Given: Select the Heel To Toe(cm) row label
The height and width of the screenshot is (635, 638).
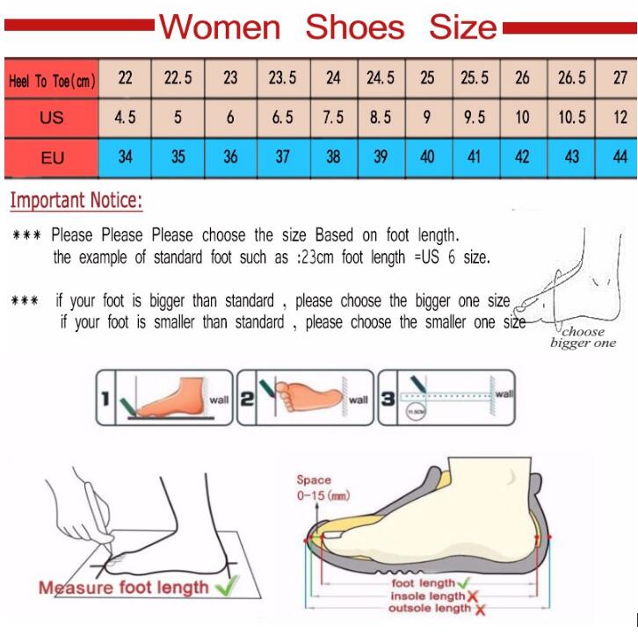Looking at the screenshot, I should pos(51,81).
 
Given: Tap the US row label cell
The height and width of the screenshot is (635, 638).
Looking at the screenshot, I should pos(51,118).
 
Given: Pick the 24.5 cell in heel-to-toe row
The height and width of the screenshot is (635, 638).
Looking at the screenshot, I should pos(380,79).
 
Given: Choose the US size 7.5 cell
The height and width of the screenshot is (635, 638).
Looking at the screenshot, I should pos(333,118).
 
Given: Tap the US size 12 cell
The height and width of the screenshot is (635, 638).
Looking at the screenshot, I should pos(620,118).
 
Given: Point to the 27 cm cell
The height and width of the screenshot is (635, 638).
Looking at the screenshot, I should pos(620,79).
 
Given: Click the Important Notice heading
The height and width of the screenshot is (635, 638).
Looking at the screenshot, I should pos(76,201).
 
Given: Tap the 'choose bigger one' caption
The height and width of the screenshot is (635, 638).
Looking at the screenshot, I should pos(583,337).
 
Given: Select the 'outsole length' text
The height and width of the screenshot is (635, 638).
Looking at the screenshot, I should pos(430,608).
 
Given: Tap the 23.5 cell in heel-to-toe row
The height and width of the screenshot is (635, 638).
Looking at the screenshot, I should pos(281,79).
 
